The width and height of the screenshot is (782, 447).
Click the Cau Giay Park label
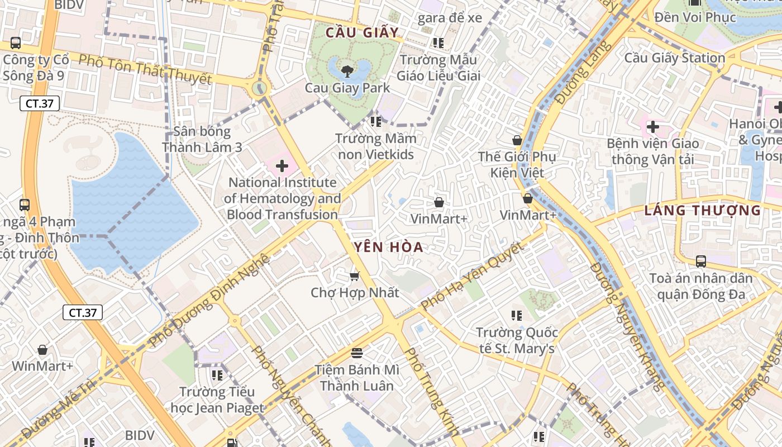point(347,88)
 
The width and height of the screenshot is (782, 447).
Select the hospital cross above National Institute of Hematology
point(282,166)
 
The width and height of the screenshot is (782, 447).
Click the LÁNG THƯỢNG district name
point(702,211)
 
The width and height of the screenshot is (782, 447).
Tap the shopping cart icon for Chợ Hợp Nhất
point(354,276)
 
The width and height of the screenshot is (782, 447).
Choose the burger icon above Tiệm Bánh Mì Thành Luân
point(357,353)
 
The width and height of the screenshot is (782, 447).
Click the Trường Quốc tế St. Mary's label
point(517,341)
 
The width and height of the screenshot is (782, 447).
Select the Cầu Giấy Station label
point(674,58)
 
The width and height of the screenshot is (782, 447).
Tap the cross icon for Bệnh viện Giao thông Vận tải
point(652,127)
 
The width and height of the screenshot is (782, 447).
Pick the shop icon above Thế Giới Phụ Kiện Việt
point(517,140)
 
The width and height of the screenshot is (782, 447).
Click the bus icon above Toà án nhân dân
point(700,261)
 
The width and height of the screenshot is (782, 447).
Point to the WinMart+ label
point(42,366)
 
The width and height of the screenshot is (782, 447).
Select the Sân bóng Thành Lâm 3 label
point(202,139)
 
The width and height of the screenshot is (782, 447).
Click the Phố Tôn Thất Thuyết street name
point(145,69)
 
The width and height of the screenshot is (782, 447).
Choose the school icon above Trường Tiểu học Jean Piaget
point(217,375)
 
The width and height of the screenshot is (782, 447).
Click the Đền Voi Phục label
point(695,17)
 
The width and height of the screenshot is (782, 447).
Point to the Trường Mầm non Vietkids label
point(375,146)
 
